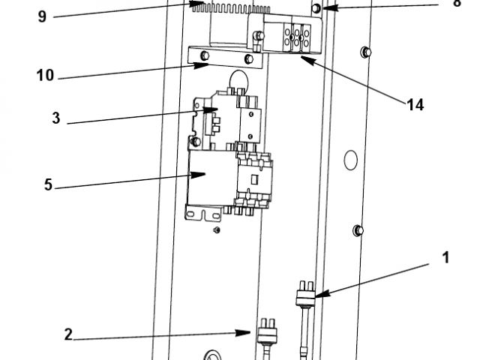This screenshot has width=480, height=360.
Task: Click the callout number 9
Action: [42, 16]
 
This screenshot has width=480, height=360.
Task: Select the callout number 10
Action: [45, 75]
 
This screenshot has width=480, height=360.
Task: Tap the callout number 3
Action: [56, 118]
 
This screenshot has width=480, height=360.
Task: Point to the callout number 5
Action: [48, 184]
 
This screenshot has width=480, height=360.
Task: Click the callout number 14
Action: [415, 105]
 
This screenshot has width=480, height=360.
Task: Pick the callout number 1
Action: [445, 257]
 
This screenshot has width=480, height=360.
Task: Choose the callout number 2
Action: [68, 335]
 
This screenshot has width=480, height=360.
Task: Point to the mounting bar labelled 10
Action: [225, 56]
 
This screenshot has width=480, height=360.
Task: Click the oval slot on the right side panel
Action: [349, 159]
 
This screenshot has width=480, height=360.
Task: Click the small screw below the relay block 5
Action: [216, 229]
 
